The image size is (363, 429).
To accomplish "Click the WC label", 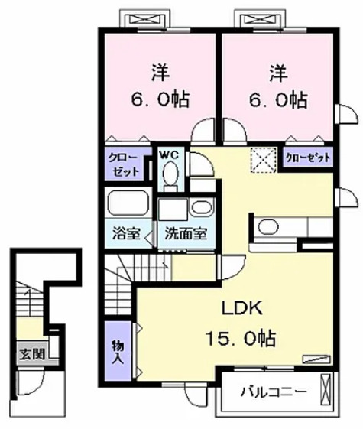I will click(x=169, y=154).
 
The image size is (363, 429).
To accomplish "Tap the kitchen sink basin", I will click(x=268, y=227).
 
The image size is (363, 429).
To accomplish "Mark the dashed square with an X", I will click(x=263, y=158).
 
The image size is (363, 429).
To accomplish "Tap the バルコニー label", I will click(x=272, y=392).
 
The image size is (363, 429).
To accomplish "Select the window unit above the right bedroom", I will click(x=262, y=18).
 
